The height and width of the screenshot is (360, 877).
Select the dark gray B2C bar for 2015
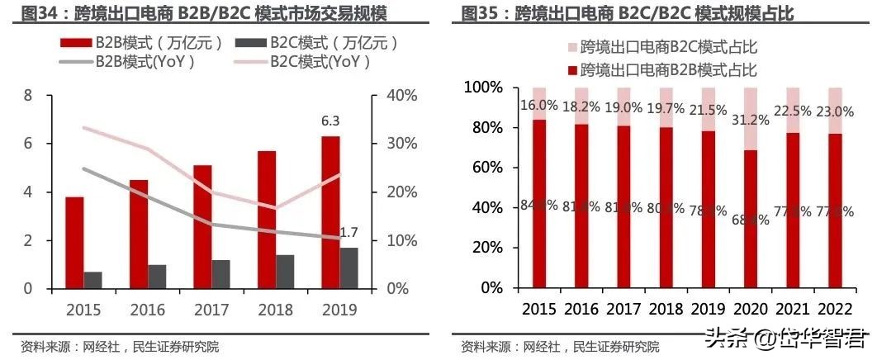[x=92, y=280]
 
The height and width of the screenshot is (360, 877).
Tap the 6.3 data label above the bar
[x=330, y=121]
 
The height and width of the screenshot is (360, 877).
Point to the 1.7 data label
[x=348, y=233]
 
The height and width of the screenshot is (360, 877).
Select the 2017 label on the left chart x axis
[x=212, y=310]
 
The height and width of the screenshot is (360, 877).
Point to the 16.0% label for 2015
[x=538, y=106]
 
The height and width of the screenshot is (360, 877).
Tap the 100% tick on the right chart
[x=484, y=88]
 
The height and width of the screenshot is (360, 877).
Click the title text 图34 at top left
[x=38, y=13]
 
